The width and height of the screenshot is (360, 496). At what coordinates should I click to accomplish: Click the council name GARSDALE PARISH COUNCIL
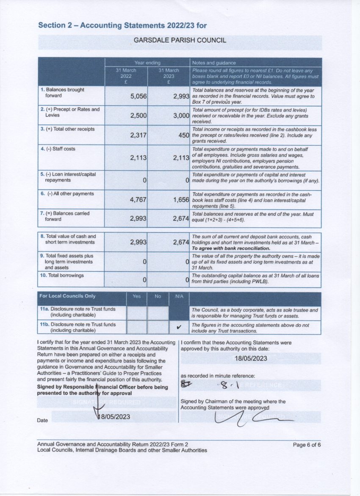pyautogui.click(x=180, y=40)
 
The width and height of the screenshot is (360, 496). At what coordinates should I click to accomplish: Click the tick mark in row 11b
pyautogui.click(x=179, y=327)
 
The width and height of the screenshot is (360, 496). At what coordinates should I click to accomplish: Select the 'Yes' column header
pyautogui.click(x=136, y=296)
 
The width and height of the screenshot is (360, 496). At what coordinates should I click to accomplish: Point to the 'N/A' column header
pyautogui.click(x=179, y=296)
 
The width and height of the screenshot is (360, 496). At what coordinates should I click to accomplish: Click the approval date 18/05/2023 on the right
pyautogui.click(x=251, y=358)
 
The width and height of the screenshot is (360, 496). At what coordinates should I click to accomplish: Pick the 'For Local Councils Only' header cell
pyautogui.click(x=67, y=296)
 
